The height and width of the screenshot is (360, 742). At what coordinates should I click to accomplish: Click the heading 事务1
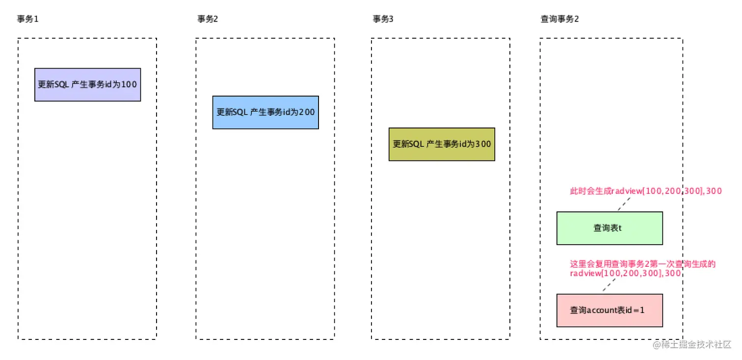27,19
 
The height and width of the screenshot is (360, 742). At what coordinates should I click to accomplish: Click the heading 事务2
208,19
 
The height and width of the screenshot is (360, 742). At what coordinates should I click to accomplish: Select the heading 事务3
383,19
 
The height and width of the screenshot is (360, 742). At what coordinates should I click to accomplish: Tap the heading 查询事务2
559,19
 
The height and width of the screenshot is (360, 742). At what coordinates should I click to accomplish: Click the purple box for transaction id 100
87,84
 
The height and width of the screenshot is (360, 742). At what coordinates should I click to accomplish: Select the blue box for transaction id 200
265,112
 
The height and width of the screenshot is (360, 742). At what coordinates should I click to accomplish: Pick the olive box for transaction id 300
442,144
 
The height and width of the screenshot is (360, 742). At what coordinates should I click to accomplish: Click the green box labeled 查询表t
609,228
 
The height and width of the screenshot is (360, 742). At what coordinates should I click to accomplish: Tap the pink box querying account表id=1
609,310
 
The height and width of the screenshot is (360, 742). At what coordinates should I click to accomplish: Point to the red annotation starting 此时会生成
645,191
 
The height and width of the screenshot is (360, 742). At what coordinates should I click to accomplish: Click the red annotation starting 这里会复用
642,269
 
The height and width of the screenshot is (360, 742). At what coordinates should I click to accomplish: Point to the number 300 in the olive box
483,144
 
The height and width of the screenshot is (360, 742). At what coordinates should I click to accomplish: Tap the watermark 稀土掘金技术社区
692,344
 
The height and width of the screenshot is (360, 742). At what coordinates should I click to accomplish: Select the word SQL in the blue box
240,112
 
